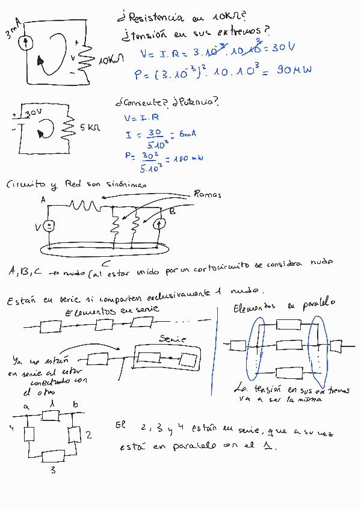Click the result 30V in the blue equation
pos(283,49)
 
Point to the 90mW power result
pos(294,70)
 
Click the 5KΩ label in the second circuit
pos(90,127)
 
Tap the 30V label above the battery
pos(34,112)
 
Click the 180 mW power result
pos(188,159)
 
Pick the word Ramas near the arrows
pos(208,194)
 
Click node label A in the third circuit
pos(43,200)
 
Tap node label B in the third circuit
pos(172,211)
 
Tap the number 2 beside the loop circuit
pos(88,435)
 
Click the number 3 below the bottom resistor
pos(53,470)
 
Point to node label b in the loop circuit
pos(75,406)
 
